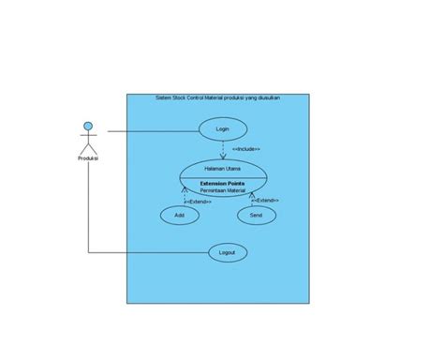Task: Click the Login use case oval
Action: point(222,129)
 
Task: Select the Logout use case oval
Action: point(227,252)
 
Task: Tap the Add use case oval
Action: point(180,216)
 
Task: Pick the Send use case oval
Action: point(257,216)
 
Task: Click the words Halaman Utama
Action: point(222,168)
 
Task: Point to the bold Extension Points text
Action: point(222,183)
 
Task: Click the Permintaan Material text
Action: point(222,190)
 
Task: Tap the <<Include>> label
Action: point(245,149)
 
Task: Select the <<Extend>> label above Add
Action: point(198,202)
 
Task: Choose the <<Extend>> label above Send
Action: point(265,201)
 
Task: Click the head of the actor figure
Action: point(88,126)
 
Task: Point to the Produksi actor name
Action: point(88,157)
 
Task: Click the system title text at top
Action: point(217,97)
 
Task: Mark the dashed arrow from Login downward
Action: point(223,150)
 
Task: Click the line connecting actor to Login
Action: point(150,131)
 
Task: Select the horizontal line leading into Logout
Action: point(150,252)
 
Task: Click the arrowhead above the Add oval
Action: point(185,190)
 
